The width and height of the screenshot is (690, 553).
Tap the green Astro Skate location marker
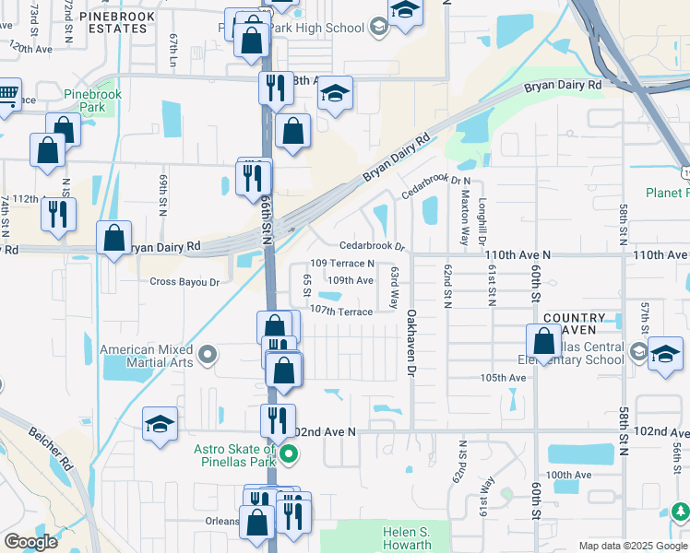pyautogui.click(x=289, y=453)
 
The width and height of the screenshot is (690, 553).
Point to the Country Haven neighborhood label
pyautogui.click(x=574, y=324)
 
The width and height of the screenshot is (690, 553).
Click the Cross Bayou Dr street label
pyautogui.click(x=184, y=282)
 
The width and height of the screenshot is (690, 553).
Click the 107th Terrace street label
pyautogui.click(x=341, y=311)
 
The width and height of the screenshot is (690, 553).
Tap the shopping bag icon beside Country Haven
pyautogui.click(x=543, y=341)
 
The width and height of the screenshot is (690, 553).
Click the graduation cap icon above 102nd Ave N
pyautogui.click(x=160, y=425)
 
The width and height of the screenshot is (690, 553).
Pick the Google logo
pyautogui.click(x=30, y=541)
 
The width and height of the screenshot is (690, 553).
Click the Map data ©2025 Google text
pyautogui.click(x=632, y=546)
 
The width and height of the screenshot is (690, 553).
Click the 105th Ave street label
pyautogui.click(x=503, y=378)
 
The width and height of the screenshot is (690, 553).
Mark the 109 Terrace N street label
pyautogui.click(x=342, y=264)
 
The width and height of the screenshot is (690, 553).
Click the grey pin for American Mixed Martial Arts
pyautogui.click(x=208, y=354)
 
